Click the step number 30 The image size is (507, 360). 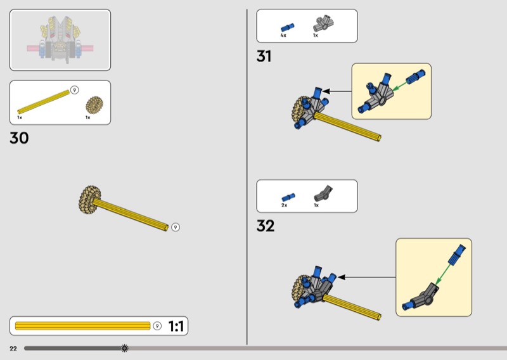point(19,138)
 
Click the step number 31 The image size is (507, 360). point(264,56)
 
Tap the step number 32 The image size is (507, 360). point(266,226)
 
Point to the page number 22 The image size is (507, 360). point(13,348)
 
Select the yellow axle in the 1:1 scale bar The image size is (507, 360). point(82,326)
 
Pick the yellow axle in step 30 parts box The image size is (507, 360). point(43,101)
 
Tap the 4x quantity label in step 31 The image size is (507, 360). point(283,35)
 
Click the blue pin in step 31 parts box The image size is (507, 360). point(287,27)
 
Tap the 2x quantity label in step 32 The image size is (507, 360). point(285,205)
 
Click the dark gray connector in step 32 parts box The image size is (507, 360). point(323,194)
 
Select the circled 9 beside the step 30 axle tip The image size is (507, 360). point(176,227)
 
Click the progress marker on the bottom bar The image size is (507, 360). point(124,348)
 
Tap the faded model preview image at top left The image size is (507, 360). point(60,39)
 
